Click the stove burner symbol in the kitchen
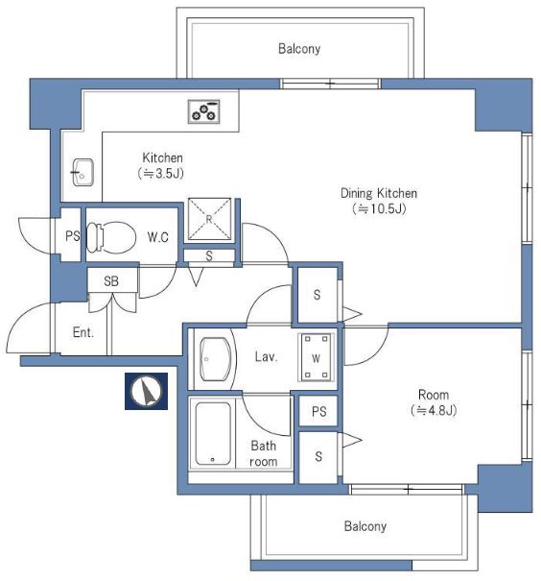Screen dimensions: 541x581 point(204,111)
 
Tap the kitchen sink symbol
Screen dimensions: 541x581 point(82,172)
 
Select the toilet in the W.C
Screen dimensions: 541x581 point(111,237)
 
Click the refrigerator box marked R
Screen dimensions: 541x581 point(209,219)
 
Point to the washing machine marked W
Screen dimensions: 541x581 point(316,357)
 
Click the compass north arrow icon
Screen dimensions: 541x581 point(146,391)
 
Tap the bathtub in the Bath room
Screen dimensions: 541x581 point(213,433)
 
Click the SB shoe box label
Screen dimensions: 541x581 point(111,281)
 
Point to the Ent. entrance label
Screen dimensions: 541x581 point(83,332)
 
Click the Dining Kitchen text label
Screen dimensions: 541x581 point(379,193)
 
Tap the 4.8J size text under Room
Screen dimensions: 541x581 point(434,411)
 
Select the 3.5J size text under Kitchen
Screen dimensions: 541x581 point(161,174)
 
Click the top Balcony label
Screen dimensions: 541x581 point(299,49)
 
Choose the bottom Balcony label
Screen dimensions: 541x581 point(365,526)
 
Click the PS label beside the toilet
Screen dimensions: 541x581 point(73,236)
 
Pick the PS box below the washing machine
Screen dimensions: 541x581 point(318,411)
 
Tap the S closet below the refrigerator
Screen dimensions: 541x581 point(209,255)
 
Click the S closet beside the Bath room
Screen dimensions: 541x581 point(318,457)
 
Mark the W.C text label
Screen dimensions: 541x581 point(158,237)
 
